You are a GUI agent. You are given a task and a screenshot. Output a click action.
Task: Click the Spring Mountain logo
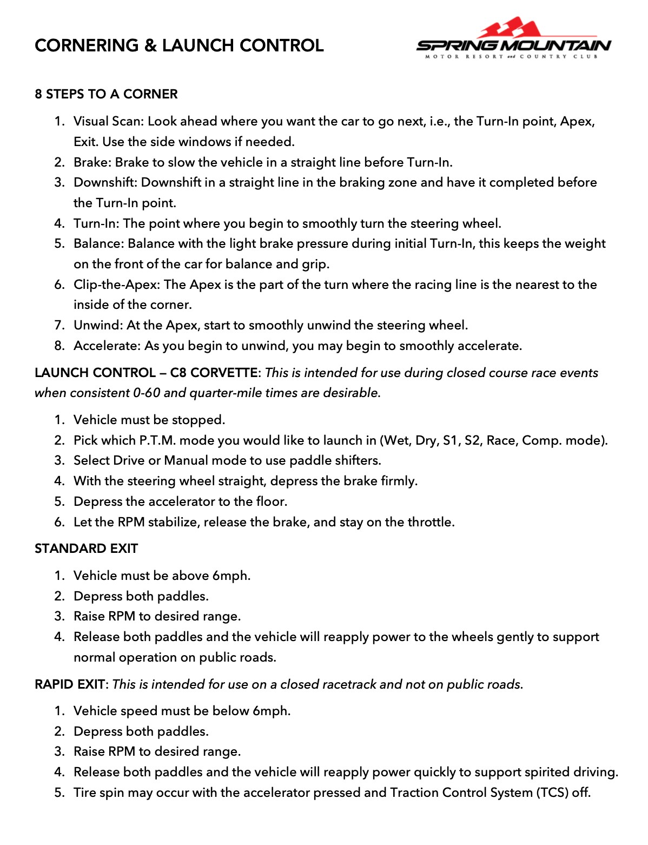tap(513, 39)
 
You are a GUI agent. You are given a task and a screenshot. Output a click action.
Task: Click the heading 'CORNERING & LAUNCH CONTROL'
tap(179, 45)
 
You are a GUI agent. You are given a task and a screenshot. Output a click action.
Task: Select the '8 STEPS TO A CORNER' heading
tap(106, 94)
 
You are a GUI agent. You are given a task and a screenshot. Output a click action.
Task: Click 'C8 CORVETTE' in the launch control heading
tap(214, 373)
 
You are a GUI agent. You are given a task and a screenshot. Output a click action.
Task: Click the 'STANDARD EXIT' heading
tap(86, 549)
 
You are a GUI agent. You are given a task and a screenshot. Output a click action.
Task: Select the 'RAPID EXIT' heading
tap(69, 684)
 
